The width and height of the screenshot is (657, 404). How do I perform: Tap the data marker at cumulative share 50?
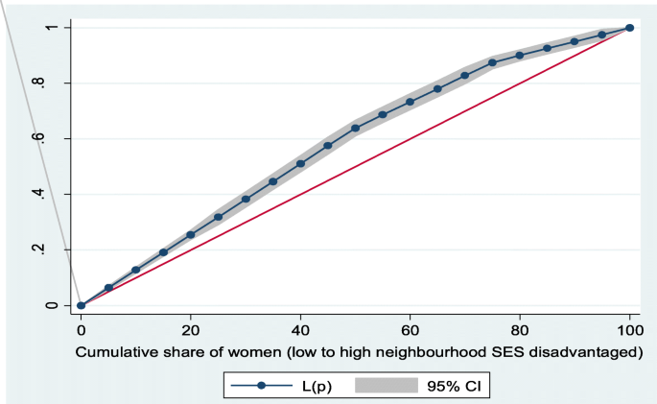(355, 128)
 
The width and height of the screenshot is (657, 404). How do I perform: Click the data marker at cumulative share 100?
(629, 28)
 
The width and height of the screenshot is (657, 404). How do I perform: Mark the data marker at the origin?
(82, 305)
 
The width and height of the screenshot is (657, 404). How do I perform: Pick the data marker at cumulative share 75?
(492, 62)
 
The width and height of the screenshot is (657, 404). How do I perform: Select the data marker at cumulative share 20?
(191, 234)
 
